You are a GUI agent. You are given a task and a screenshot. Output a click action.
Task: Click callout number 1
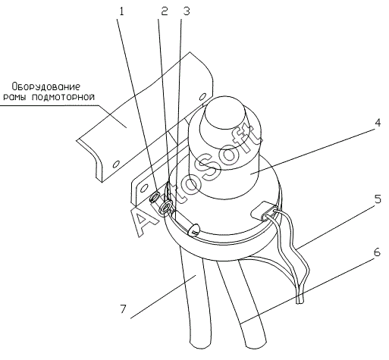click(x=122, y=11)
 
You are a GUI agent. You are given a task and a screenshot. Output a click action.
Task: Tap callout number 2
click(x=165, y=11)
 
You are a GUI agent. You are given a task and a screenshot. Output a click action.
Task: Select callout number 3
click(x=187, y=11)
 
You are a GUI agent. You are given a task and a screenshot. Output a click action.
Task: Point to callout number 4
click(x=377, y=123)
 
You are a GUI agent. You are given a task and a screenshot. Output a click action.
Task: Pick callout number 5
click(x=378, y=199)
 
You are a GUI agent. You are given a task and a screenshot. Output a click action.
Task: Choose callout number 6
click(x=377, y=252)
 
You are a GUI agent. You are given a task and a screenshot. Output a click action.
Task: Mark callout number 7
click(x=123, y=309)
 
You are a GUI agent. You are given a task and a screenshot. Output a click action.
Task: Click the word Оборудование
click(x=46, y=87)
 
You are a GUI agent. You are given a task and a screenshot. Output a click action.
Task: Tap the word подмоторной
click(x=63, y=97)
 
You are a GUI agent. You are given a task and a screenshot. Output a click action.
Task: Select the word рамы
click(x=15, y=98)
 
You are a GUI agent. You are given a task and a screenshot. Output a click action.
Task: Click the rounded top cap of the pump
click(x=225, y=116)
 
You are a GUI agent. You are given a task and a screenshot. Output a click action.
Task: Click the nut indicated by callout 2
click(x=166, y=206)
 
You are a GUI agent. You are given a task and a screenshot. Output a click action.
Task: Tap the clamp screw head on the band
click(x=194, y=230)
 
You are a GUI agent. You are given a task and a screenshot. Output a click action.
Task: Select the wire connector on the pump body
click(x=263, y=210)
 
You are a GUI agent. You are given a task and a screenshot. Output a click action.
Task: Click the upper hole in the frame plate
click(x=202, y=97)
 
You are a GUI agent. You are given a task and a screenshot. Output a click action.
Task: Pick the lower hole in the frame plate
click(x=116, y=164)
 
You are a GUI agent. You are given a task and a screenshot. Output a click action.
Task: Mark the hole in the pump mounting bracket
click(x=143, y=189)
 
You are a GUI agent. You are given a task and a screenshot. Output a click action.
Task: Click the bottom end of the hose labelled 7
click(x=200, y=345)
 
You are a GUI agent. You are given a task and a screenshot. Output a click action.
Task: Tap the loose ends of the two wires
click(x=300, y=301)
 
